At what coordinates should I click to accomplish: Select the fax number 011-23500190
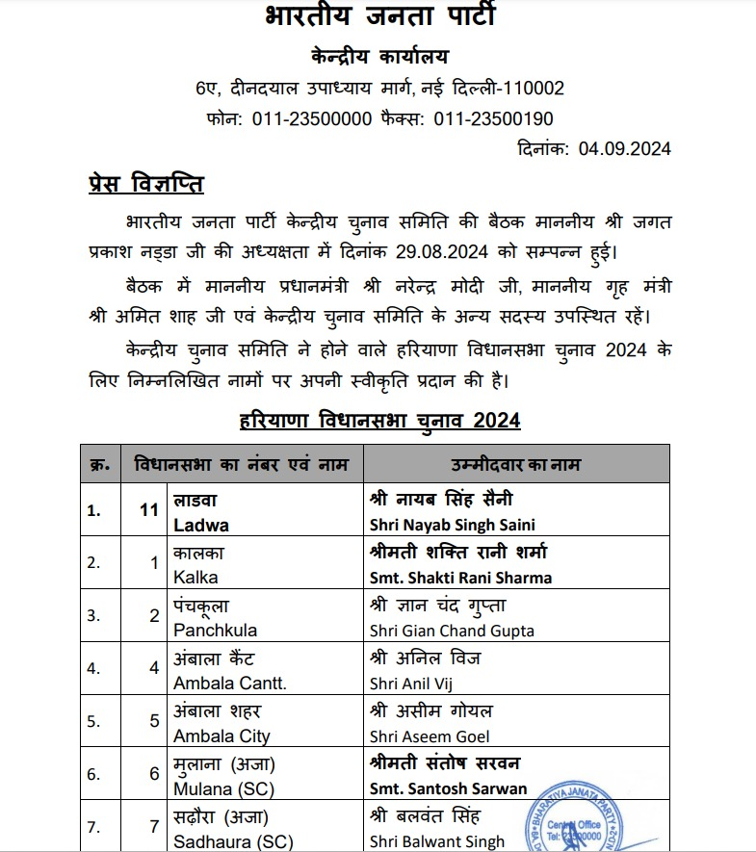point(493,118)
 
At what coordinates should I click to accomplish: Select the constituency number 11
point(148,511)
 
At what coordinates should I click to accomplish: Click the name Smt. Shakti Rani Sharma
point(460,578)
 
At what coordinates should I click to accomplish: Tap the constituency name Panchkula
point(215,631)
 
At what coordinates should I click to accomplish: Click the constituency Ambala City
point(222,736)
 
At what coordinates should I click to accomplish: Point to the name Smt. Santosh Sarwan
point(448,788)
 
